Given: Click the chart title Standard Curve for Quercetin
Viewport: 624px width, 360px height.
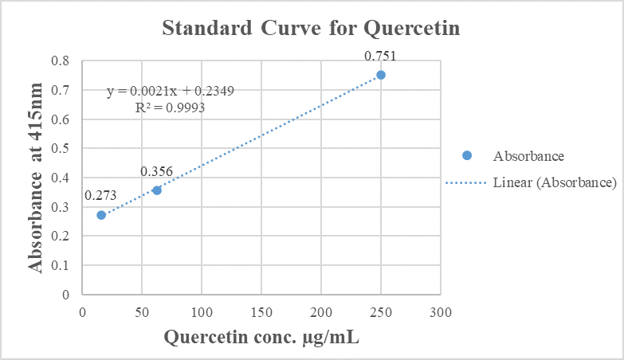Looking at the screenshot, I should (312, 29).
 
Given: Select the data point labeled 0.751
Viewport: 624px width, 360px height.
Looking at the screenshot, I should (381, 75).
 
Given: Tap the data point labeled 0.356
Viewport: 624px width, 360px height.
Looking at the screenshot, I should (157, 190).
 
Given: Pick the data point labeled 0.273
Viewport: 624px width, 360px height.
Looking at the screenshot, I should (101, 215).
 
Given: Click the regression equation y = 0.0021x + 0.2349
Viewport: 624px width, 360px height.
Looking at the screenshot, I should (171, 91).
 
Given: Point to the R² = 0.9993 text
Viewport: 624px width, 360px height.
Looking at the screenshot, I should (171, 106).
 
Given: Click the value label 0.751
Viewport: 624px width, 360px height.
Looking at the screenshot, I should (380, 56).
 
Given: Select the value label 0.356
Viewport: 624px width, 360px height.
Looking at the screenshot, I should (156, 172).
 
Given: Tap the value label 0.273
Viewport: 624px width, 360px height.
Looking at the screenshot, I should (100, 196).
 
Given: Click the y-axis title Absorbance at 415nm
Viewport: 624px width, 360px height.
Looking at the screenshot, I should (37, 178).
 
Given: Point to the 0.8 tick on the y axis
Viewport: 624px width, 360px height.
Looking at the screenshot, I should (61, 61).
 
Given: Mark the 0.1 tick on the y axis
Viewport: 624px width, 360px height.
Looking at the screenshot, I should (61, 265).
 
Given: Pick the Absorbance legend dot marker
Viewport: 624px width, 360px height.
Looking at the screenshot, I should (467, 155).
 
